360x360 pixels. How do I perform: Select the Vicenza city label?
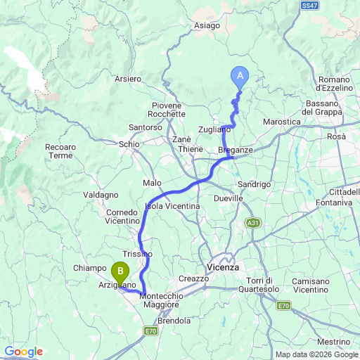[x=224, y=268]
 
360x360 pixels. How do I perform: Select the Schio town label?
[x=129, y=143]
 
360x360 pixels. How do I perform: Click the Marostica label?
[x=281, y=122]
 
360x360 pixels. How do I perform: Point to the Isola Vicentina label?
[x=172, y=205]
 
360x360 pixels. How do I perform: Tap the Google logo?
[x=23, y=352]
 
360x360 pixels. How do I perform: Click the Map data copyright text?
[x=316, y=354]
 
